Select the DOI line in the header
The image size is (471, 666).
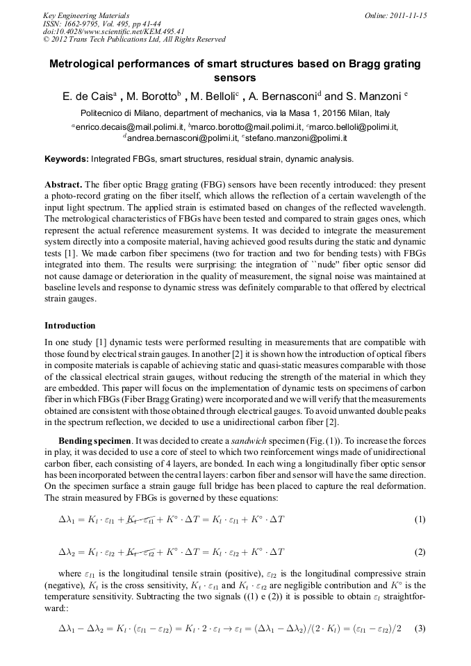coord(113,31)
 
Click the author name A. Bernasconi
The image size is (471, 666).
coord(280,97)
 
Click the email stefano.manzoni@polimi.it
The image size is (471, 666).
coord(296,138)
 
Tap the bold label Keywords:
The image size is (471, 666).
coord(67,159)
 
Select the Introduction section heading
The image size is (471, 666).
coord(70,326)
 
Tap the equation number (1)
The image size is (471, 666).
coord(419,519)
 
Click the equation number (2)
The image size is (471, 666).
coord(419,552)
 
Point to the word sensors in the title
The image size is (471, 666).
coord(235,78)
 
